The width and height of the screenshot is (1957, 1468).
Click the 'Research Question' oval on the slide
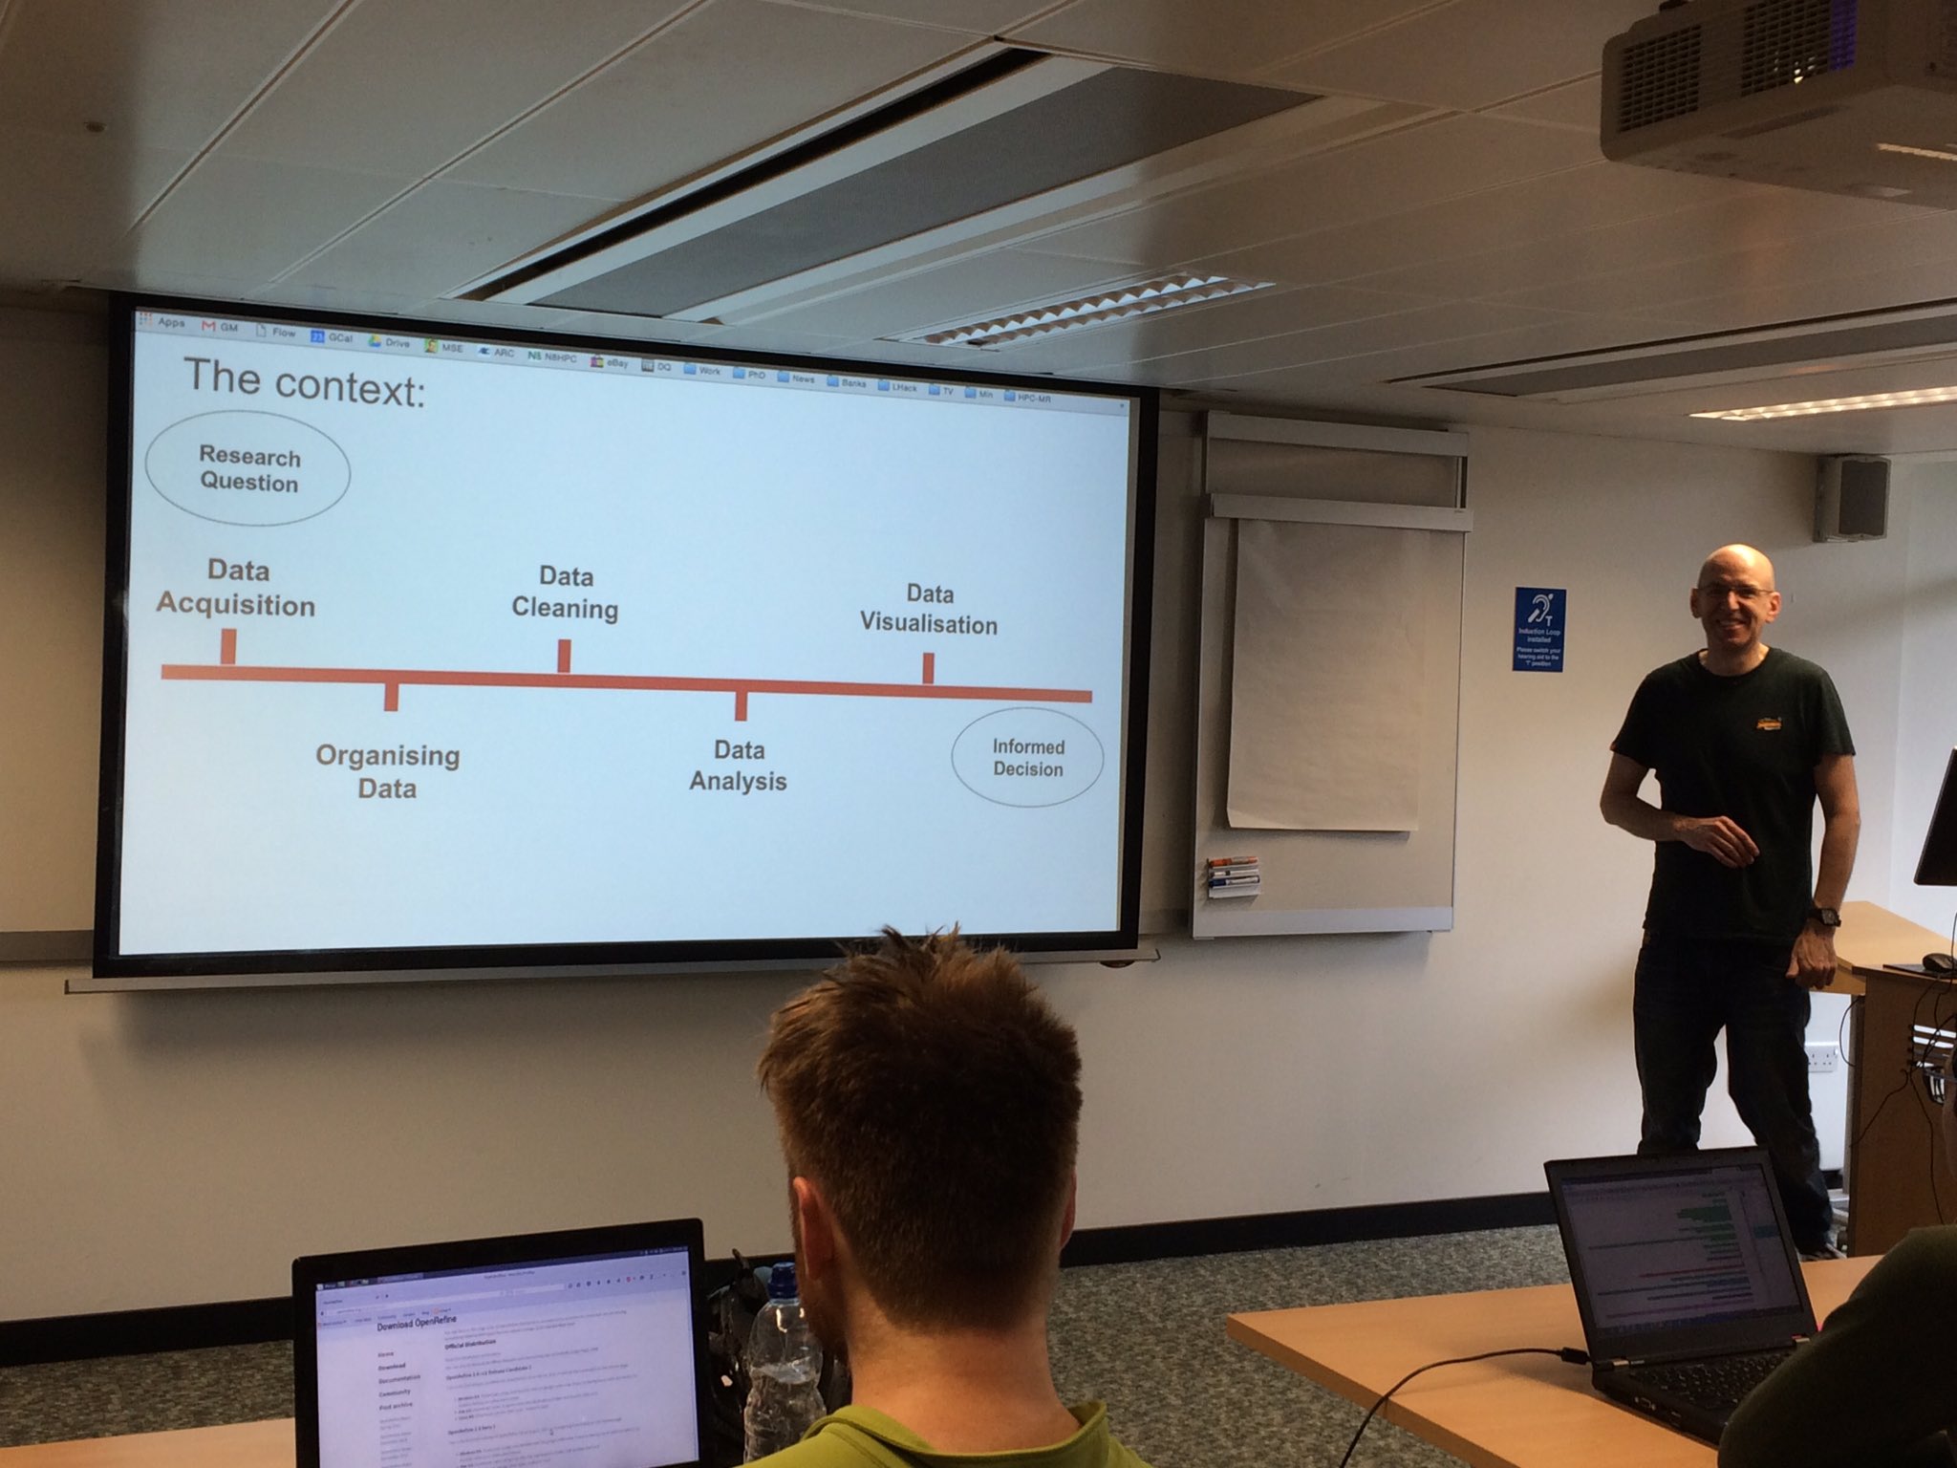click(247, 470)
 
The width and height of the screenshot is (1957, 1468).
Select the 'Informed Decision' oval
click(1027, 758)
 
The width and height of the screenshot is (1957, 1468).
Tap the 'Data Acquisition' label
click(236, 589)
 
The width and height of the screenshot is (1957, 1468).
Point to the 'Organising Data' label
click(387, 772)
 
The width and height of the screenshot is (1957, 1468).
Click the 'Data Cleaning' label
click(565, 594)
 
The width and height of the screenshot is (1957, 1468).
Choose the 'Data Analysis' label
click(738, 766)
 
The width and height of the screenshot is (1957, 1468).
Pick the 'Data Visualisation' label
click(929, 610)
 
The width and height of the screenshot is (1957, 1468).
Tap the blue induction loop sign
click(1538, 629)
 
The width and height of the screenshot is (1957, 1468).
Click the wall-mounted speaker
click(1851, 498)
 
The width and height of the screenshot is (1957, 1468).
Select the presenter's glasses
click(1732, 593)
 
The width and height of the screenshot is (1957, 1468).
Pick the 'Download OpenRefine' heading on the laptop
click(417, 1324)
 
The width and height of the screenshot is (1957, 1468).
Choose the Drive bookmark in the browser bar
click(389, 342)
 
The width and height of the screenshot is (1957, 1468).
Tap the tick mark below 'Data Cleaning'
click(564, 656)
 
